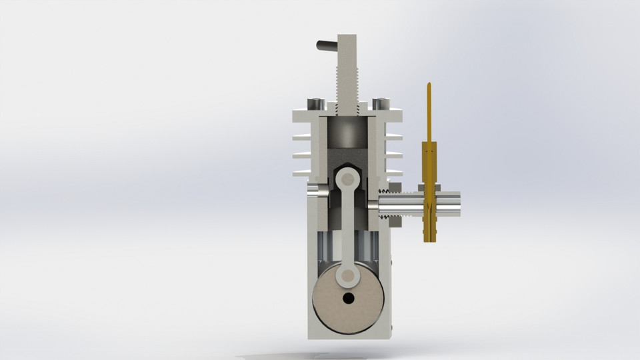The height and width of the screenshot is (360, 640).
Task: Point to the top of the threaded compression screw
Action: point(349,37)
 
